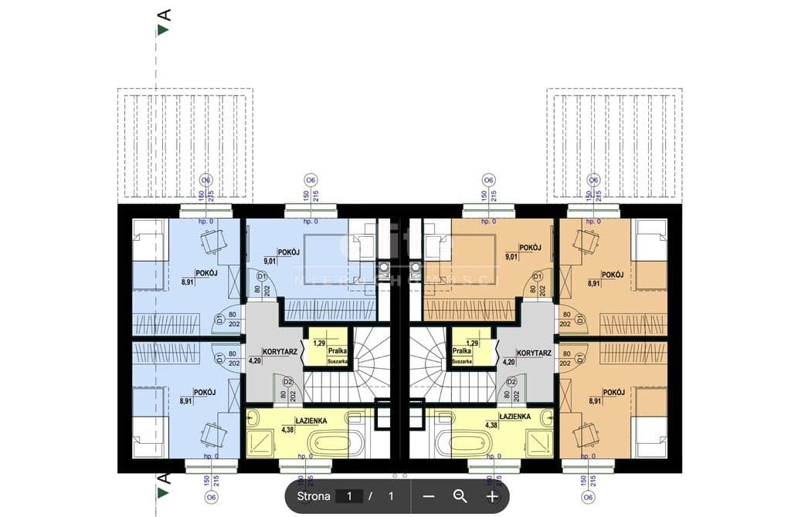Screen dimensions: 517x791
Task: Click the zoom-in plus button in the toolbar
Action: pyautogui.click(x=492, y=496)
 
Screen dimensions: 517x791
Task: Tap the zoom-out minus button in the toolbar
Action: pyautogui.click(x=429, y=496)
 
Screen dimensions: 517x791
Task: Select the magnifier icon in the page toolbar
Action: pyautogui.click(x=460, y=496)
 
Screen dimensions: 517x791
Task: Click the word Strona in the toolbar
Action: pyautogui.click(x=314, y=496)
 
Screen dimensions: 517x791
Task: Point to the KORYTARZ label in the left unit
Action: pyautogui.click(x=280, y=350)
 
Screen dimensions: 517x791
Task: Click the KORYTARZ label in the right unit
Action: pyautogui.click(x=534, y=352)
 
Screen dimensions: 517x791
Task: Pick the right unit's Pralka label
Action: pyautogui.click(x=462, y=351)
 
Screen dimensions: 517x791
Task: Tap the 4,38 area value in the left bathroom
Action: pyautogui.click(x=288, y=429)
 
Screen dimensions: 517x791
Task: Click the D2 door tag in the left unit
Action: pyautogui.click(x=287, y=381)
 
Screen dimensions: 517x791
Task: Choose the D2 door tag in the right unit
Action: pyautogui.click(x=511, y=381)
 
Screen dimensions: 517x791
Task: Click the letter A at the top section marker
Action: pyautogui.click(x=163, y=14)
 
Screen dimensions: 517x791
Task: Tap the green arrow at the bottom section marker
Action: pyautogui.click(x=163, y=491)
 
